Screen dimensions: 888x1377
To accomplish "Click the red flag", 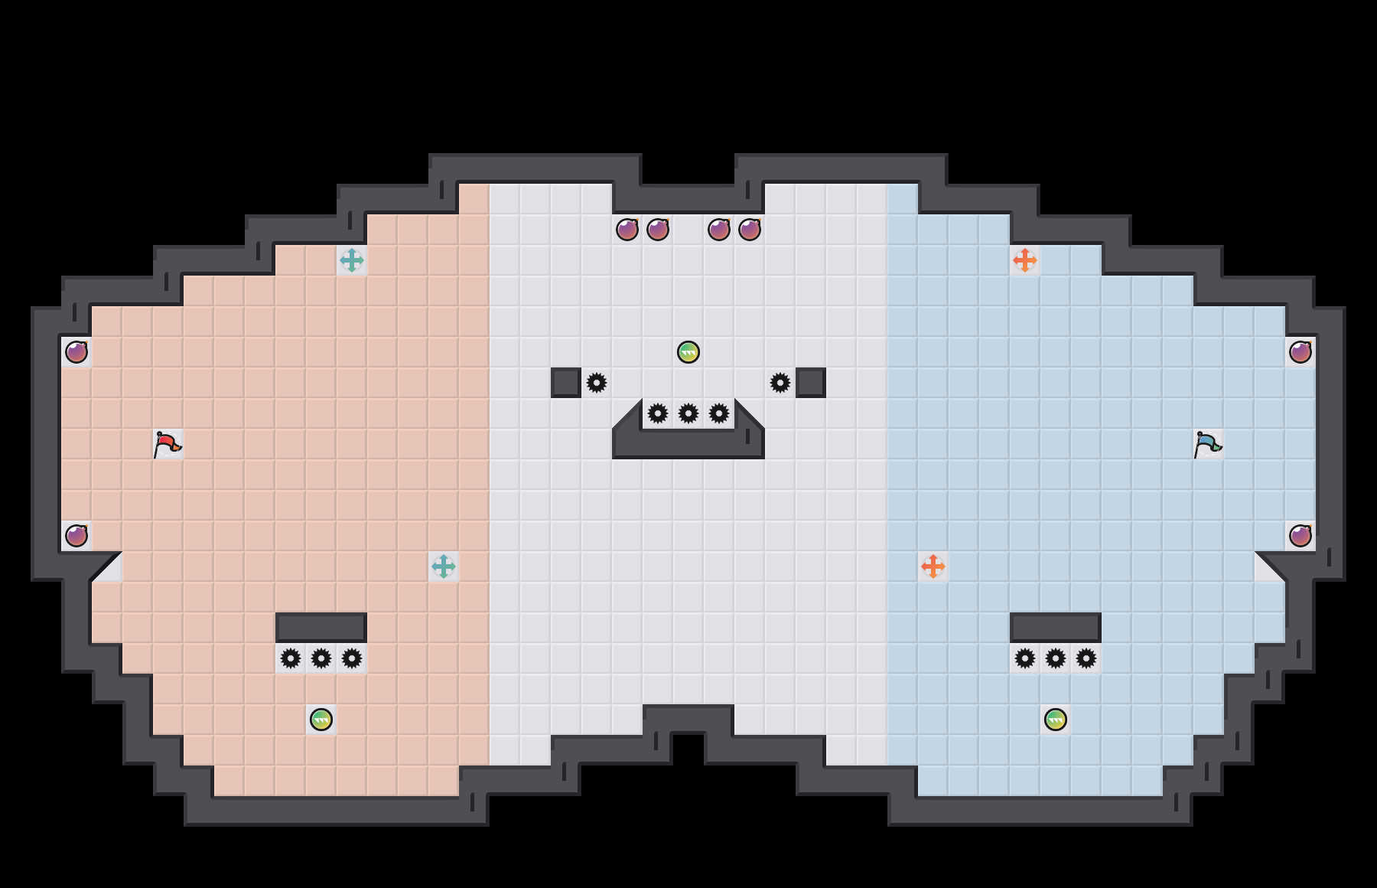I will pyautogui.click(x=167, y=443).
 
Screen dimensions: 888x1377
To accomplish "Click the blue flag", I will pyautogui.click(x=1207, y=443).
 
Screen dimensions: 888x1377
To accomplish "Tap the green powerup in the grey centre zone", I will pyautogui.click(x=688, y=352).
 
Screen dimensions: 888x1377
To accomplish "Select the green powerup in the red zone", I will pyautogui.click(x=321, y=720).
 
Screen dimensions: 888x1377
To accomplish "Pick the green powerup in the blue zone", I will pyautogui.click(x=1056, y=720).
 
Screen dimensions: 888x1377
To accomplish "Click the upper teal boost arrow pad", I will pyautogui.click(x=352, y=260).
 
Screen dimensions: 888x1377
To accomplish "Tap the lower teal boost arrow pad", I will pyautogui.click(x=444, y=566).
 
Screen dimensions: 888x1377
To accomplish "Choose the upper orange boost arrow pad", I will pyautogui.click(x=1025, y=260).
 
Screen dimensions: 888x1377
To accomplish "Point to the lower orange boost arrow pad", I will pyautogui.click(x=933, y=566).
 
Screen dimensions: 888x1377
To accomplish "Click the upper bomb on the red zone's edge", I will pyautogui.click(x=76, y=352).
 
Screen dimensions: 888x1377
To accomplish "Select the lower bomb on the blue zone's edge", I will pyautogui.click(x=1300, y=536).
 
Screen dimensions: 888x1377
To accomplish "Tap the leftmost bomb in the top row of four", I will pyautogui.click(x=627, y=230).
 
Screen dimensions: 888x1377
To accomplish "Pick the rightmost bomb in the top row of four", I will pyautogui.click(x=750, y=230).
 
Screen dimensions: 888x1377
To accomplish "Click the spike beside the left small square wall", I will pyautogui.click(x=597, y=383).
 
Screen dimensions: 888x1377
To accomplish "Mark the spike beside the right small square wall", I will pyautogui.click(x=780, y=383).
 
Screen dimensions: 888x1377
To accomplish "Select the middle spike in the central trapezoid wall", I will pyautogui.click(x=688, y=413).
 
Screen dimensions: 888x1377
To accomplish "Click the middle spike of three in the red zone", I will pyautogui.click(x=321, y=658).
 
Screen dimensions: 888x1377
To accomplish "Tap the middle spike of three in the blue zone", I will pyautogui.click(x=1056, y=658).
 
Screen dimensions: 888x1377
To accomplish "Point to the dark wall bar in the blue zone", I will pyautogui.click(x=1056, y=628).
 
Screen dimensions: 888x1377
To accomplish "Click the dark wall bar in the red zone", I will pyautogui.click(x=321, y=628).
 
